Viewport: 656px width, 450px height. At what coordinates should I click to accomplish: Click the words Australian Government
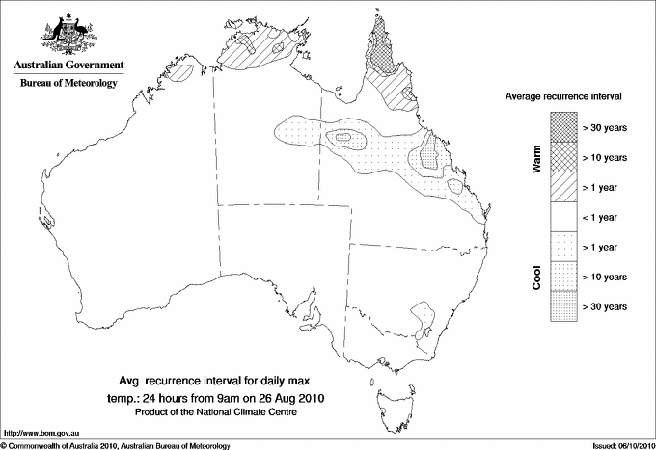(x=68, y=66)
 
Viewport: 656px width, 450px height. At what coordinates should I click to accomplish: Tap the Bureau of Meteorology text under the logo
(x=68, y=84)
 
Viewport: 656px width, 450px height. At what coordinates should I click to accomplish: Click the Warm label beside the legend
(x=536, y=157)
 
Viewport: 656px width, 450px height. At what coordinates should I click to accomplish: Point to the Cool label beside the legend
(x=536, y=277)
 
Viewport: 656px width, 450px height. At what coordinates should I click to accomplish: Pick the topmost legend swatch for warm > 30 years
(x=562, y=126)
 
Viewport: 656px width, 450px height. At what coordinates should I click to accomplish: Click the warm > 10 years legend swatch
(x=562, y=156)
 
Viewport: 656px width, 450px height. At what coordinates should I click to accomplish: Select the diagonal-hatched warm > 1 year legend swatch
(x=562, y=186)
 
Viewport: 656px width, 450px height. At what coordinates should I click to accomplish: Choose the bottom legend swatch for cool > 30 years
(x=562, y=305)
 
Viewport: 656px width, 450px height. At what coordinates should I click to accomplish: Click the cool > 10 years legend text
(x=605, y=277)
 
